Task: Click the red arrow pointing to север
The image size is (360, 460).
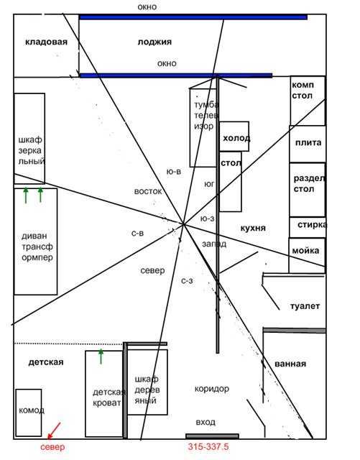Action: click(54, 431)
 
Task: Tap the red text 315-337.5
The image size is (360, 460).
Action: click(208, 447)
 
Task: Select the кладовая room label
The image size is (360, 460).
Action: click(47, 42)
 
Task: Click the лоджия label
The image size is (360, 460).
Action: click(154, 42)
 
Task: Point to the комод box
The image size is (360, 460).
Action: click(29, 413)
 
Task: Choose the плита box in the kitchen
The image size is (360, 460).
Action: click(308, 144)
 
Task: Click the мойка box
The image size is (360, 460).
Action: click(307, 255)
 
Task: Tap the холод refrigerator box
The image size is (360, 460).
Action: click(234, 137)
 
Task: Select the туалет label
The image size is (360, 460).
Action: click(305, 306)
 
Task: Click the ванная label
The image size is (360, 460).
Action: click(290, 364)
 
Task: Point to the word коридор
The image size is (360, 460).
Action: click(212, 389)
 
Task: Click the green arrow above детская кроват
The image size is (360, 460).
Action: click(101, 356)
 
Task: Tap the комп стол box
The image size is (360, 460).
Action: click(308, 101)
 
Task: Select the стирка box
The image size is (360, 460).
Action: click(308, 227)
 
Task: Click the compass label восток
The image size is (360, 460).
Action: click(148, 192)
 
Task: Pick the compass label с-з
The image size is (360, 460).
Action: click(187, 281)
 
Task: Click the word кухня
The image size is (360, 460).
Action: click(253, 229)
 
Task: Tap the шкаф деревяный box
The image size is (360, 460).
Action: click(147, 382)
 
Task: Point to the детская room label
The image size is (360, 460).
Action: click(46, 362)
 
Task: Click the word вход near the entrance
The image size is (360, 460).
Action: click(206, 422)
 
